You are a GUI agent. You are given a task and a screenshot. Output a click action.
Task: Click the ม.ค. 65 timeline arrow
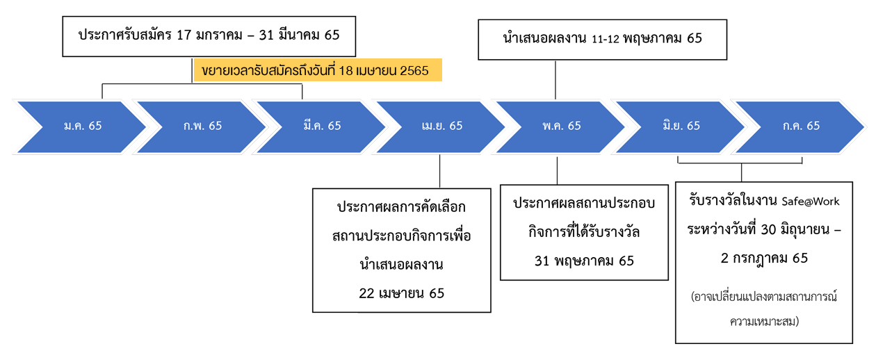coord(82,126)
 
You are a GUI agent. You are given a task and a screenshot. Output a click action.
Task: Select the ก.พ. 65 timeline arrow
coord(202,126)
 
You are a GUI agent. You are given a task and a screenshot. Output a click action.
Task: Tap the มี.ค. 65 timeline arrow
coord(322,126)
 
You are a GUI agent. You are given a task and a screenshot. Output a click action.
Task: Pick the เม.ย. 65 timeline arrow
coord(441,126)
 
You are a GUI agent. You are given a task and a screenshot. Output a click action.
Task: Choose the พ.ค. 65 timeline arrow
coord(561,126)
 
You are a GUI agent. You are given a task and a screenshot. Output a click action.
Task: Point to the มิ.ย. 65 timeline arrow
coord(681,126)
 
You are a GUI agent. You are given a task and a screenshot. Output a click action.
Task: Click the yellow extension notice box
coord(318,70)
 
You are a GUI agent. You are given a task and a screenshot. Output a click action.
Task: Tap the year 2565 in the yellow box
coord(415,70)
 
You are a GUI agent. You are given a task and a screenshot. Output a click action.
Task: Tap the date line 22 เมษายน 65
coord(401,293)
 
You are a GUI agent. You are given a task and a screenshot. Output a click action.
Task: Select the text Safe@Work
coord(811,202)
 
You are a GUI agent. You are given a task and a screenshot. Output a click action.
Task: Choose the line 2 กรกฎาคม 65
coord(764,258)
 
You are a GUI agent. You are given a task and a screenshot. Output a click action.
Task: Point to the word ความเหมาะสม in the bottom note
coord(764,322)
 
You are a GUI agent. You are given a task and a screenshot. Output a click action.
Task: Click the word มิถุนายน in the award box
coord(790,229)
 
